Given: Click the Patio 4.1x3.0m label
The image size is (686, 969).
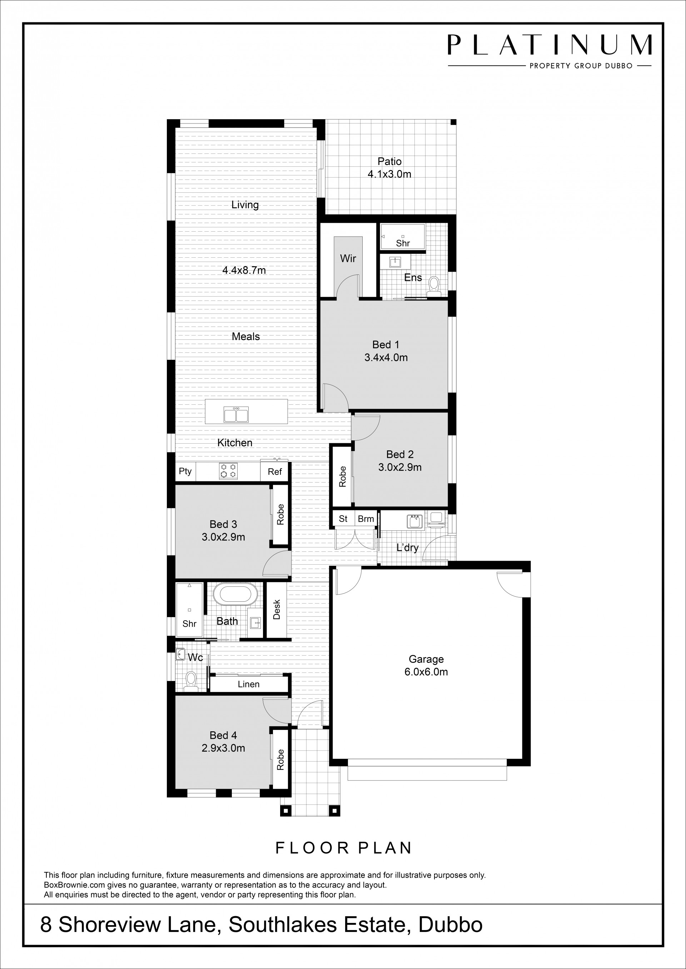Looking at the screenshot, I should point(389,167).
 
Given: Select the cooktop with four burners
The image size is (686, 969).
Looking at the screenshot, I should point(228,471).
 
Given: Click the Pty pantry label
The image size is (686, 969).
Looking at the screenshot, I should point(185,471).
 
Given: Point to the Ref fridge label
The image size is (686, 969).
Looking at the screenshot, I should point(274,472).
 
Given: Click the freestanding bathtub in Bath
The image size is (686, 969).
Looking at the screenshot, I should point(235,595).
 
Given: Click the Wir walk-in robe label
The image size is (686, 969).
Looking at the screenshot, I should point(348,258).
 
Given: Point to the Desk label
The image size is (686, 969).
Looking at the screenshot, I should point(277,610).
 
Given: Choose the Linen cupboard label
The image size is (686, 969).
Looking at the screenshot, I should point(248,684).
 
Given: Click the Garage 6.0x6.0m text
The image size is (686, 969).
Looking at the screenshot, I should point(426,665).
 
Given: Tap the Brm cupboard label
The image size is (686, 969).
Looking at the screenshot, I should point(366,519).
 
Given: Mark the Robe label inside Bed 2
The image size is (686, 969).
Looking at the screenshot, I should point(342,476).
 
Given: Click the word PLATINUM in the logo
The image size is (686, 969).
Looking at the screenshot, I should point(549,45).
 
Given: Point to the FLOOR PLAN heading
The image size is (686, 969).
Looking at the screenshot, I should point(343,848).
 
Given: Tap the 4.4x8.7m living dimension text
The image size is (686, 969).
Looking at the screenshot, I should point(244,270).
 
